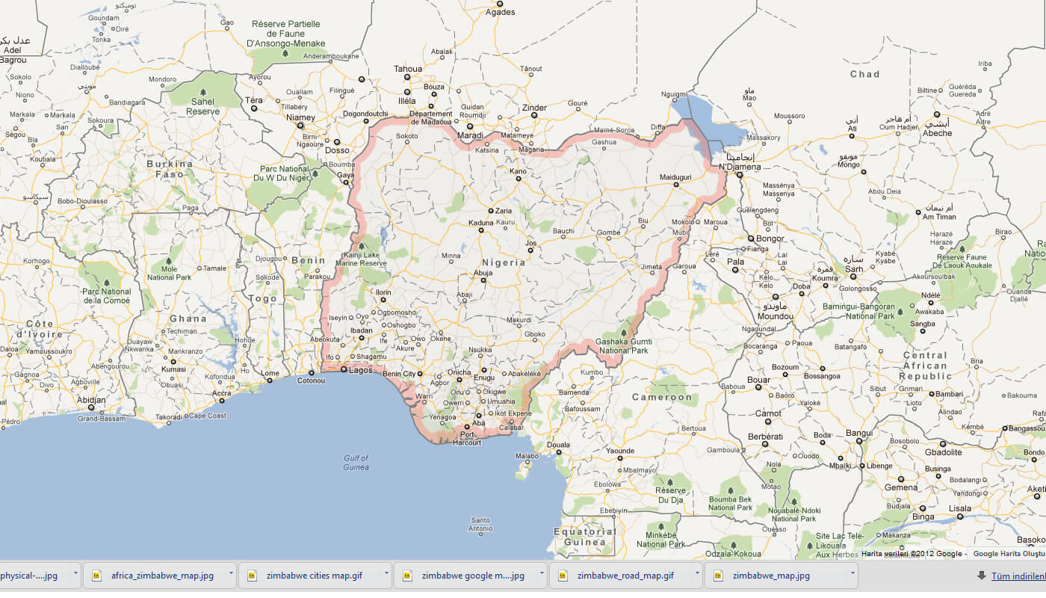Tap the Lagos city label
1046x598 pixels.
pyautogui.click(x=360, y=370)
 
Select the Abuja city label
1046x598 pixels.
pyautogui.click(x=483, y=274)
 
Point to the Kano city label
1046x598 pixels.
pyautogui.click(x=518, y=171)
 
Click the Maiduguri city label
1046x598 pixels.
pyautogui.click(x=675, y=177)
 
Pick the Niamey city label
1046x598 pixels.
pyautogui.click(x=300, y=117)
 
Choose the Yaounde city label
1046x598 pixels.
pyautogui.click(x=619, y=451)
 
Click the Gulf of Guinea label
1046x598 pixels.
pyautogui.click(x=356, y=463)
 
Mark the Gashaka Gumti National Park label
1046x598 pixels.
pyautogui.click(x=623, y=345)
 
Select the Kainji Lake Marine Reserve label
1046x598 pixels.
pyautogui.click(x=362, y=259)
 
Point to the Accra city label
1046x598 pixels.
pyautogui.click(x=221, y=393)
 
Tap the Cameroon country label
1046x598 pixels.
pyautogui.click(x=662, y=397)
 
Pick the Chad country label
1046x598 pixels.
pyautogui.click(x=864, y=74)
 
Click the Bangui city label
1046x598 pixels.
pyautogui.click(x=859, y=433)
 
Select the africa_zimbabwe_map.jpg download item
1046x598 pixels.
pyautogui.click(x=161, y=576)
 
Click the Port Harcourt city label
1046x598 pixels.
pyautogui.click(x=467, y=438)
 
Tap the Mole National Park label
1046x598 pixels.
pyautogui.click(x=169, y=273)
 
